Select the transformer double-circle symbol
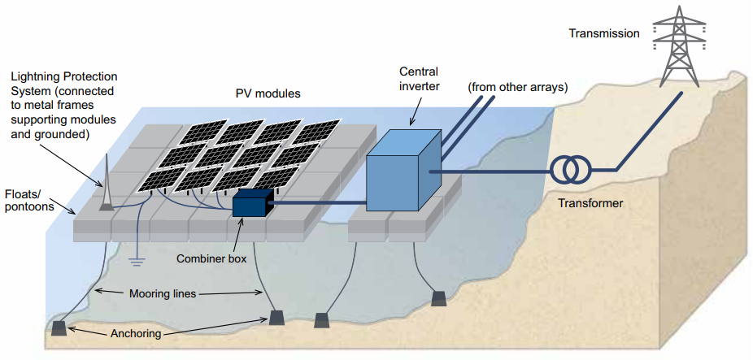572,171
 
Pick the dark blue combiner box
252,204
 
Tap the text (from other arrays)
517,87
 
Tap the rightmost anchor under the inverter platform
438,298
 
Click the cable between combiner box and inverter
317,203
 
